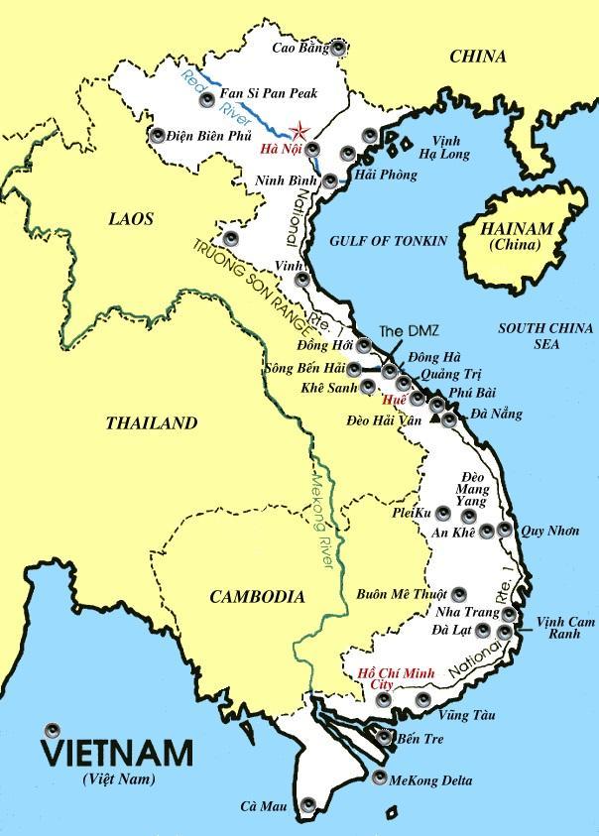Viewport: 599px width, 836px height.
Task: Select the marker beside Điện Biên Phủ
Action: coord(159,135)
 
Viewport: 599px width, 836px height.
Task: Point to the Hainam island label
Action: coord(517,234)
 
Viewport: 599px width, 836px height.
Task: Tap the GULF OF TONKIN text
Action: coord(388,241)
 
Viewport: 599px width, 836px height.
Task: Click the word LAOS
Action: coord(131,218)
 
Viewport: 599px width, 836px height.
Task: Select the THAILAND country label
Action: coord(152,423)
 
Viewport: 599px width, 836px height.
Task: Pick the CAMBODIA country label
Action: coord(257,596)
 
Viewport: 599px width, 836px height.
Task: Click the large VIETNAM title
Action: coord(117,751)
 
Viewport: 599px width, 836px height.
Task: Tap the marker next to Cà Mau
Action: coord(308,804)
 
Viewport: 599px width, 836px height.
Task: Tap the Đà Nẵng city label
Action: coord(498,414)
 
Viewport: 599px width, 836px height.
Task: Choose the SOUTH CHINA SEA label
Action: coord(545,335)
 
